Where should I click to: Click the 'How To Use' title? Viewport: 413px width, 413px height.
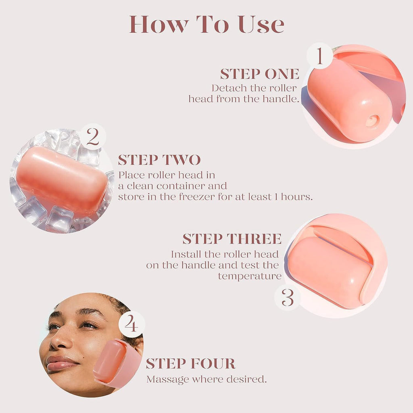[206, 25]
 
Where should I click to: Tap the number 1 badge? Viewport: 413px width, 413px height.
[319, 56]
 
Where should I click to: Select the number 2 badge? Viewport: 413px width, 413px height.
[93, 137]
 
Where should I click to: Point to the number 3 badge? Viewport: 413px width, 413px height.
[288, 298]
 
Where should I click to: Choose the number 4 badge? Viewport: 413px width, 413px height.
[131, 324]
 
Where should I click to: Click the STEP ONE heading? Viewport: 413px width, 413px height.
[260, 74]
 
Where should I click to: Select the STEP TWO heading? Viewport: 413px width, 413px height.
[159, 160]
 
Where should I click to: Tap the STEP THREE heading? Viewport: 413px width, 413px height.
[232, 239]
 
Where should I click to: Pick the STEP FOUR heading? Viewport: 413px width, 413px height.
[191, 363]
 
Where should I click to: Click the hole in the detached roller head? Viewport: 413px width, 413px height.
[371, 120]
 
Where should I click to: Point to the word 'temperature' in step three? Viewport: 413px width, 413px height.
[250, 276]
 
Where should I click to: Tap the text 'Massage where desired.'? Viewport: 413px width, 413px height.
[206, 380]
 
